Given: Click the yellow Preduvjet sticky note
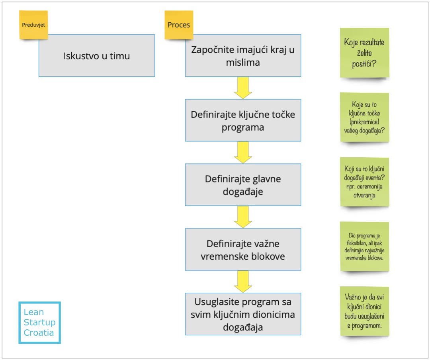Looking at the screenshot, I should tap(33, 25).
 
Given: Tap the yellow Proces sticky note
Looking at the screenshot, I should tap(179, 25).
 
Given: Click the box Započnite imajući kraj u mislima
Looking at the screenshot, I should tap(243, 56).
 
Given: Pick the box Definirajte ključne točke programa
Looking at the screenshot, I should tap(243, 120).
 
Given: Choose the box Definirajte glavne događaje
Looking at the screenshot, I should tap(243, 185).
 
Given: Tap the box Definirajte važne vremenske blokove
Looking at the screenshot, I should tap(243, 250).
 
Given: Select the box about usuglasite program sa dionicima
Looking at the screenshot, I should tap(243, 314).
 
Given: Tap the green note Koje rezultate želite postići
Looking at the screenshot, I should tap(364, 53).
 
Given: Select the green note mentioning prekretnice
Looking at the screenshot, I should tap(364, 117).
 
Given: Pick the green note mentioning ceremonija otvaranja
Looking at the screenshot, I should tap(364, 182).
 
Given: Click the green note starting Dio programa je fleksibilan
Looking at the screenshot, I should tap(364, 247).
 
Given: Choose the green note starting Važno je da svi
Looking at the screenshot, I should tap(364, 311).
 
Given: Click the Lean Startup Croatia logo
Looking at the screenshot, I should tap(39, 323).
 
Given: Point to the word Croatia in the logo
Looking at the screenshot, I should tap(39, 333).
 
